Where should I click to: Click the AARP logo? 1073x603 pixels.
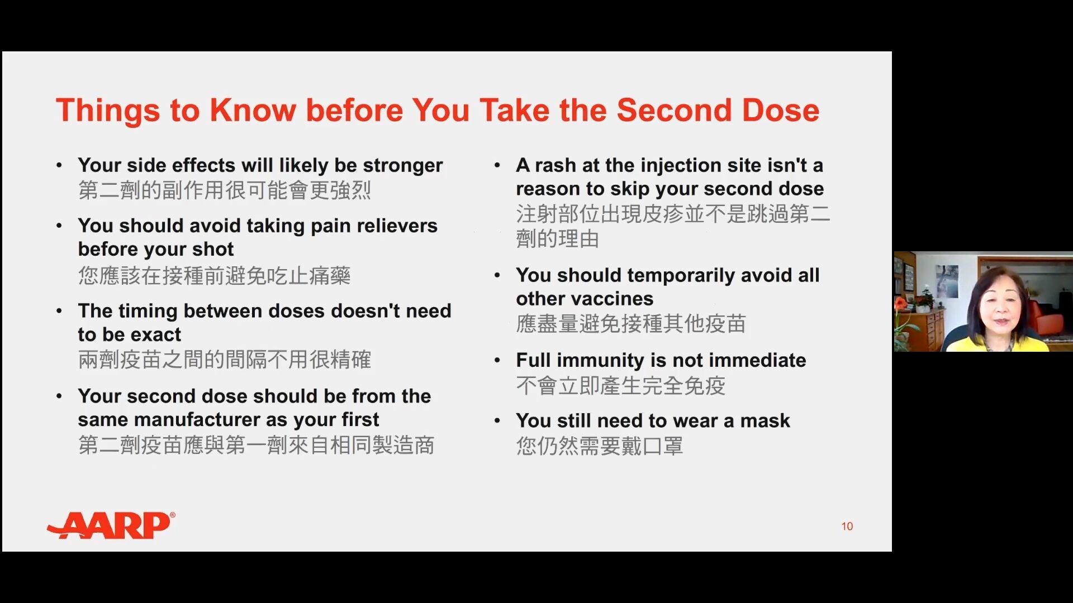click(111, 525)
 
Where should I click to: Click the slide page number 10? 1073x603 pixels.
click(847, 527)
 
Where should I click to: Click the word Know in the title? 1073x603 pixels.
click(253, 110)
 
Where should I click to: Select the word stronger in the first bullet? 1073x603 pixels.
click(402, 166)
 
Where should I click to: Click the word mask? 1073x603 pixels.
click(765, 420)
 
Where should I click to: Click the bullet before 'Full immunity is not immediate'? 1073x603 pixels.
click(497, 361)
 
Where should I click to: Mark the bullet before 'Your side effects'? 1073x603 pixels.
click(59, 165)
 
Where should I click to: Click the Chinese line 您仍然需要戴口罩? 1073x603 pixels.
click(600, 446)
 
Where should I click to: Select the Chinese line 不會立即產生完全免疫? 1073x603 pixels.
click(621, 386)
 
